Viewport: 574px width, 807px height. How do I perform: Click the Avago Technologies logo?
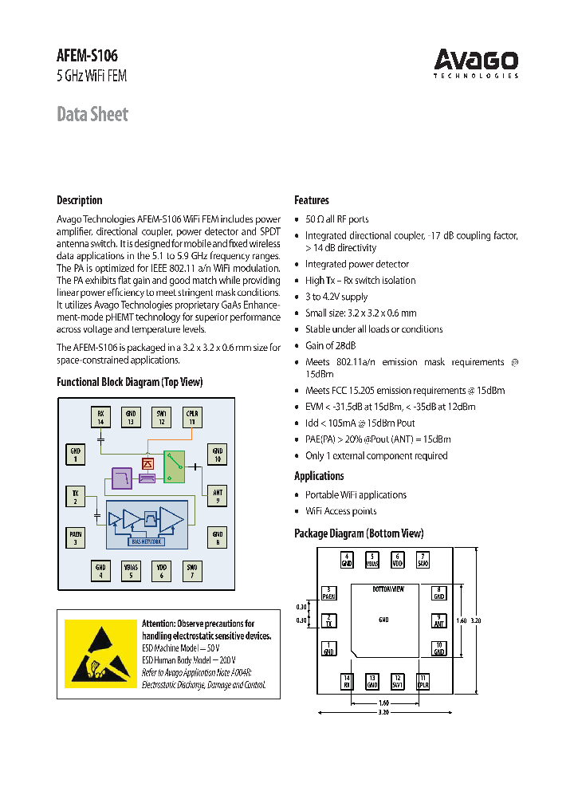tap(476, 62)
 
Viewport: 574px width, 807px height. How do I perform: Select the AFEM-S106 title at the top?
tap(87, 56)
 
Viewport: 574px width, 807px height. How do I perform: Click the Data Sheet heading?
tap(92, 114)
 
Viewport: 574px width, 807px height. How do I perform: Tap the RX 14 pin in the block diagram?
tap(101, 417)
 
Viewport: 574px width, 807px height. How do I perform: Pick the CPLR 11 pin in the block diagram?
tap(191, 417)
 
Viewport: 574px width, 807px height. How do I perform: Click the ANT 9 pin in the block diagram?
tap(218, 496)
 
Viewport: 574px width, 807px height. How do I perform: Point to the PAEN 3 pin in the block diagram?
tap(75, 537)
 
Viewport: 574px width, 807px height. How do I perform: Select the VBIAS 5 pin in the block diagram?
tap(131, 571)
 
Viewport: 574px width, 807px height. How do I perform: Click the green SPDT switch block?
tap(174, 466)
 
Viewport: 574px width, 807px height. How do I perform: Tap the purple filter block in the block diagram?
tap(122, 478)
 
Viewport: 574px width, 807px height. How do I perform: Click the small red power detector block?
tap(147, 463)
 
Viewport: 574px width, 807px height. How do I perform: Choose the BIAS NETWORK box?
tap(147, 541)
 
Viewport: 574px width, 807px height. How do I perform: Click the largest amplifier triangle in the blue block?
tap(171, 519)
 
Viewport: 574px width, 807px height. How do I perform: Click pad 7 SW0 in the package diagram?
tap(423, 559)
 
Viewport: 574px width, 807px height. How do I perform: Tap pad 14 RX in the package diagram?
tap(347, 681)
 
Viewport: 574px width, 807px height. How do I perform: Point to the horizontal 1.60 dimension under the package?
tap(383, 703)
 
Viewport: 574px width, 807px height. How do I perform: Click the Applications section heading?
tap(319, 476)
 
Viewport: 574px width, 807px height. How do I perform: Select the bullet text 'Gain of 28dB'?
tap(331, 345)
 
